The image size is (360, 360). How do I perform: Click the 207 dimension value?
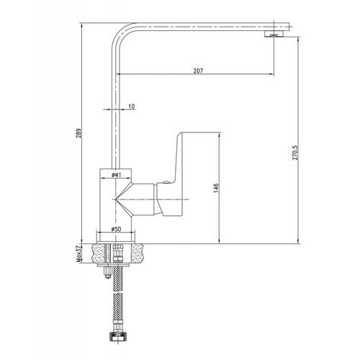(198, 71)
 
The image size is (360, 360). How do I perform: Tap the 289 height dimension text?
(79, 133)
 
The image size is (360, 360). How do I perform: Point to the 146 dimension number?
(216, 188)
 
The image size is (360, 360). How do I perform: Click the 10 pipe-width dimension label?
(132, 106)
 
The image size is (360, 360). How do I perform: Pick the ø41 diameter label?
(116, 175)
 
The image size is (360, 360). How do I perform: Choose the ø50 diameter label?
(116, 229)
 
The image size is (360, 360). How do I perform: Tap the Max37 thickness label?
(79, 253)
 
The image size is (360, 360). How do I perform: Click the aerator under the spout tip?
(274, 34)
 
